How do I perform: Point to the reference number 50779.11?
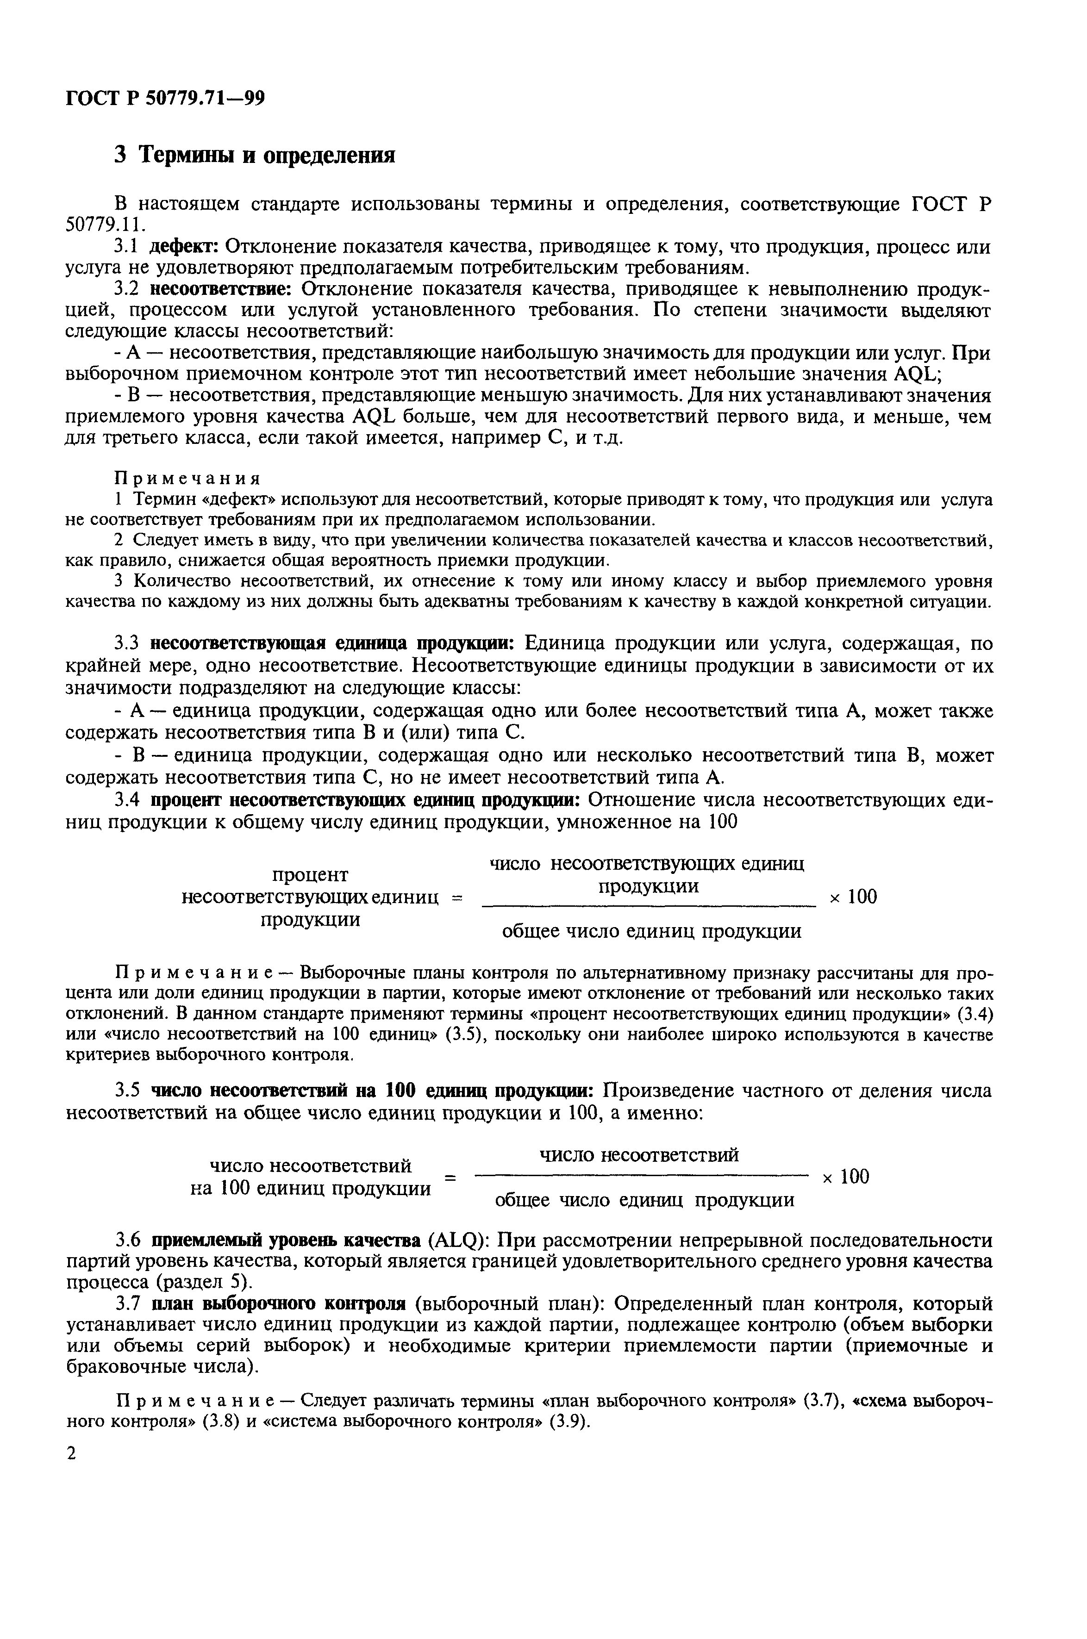pos(106,225)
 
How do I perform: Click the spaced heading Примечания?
pos(187,479)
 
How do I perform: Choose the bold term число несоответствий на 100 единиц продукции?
pos(371,1090)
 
